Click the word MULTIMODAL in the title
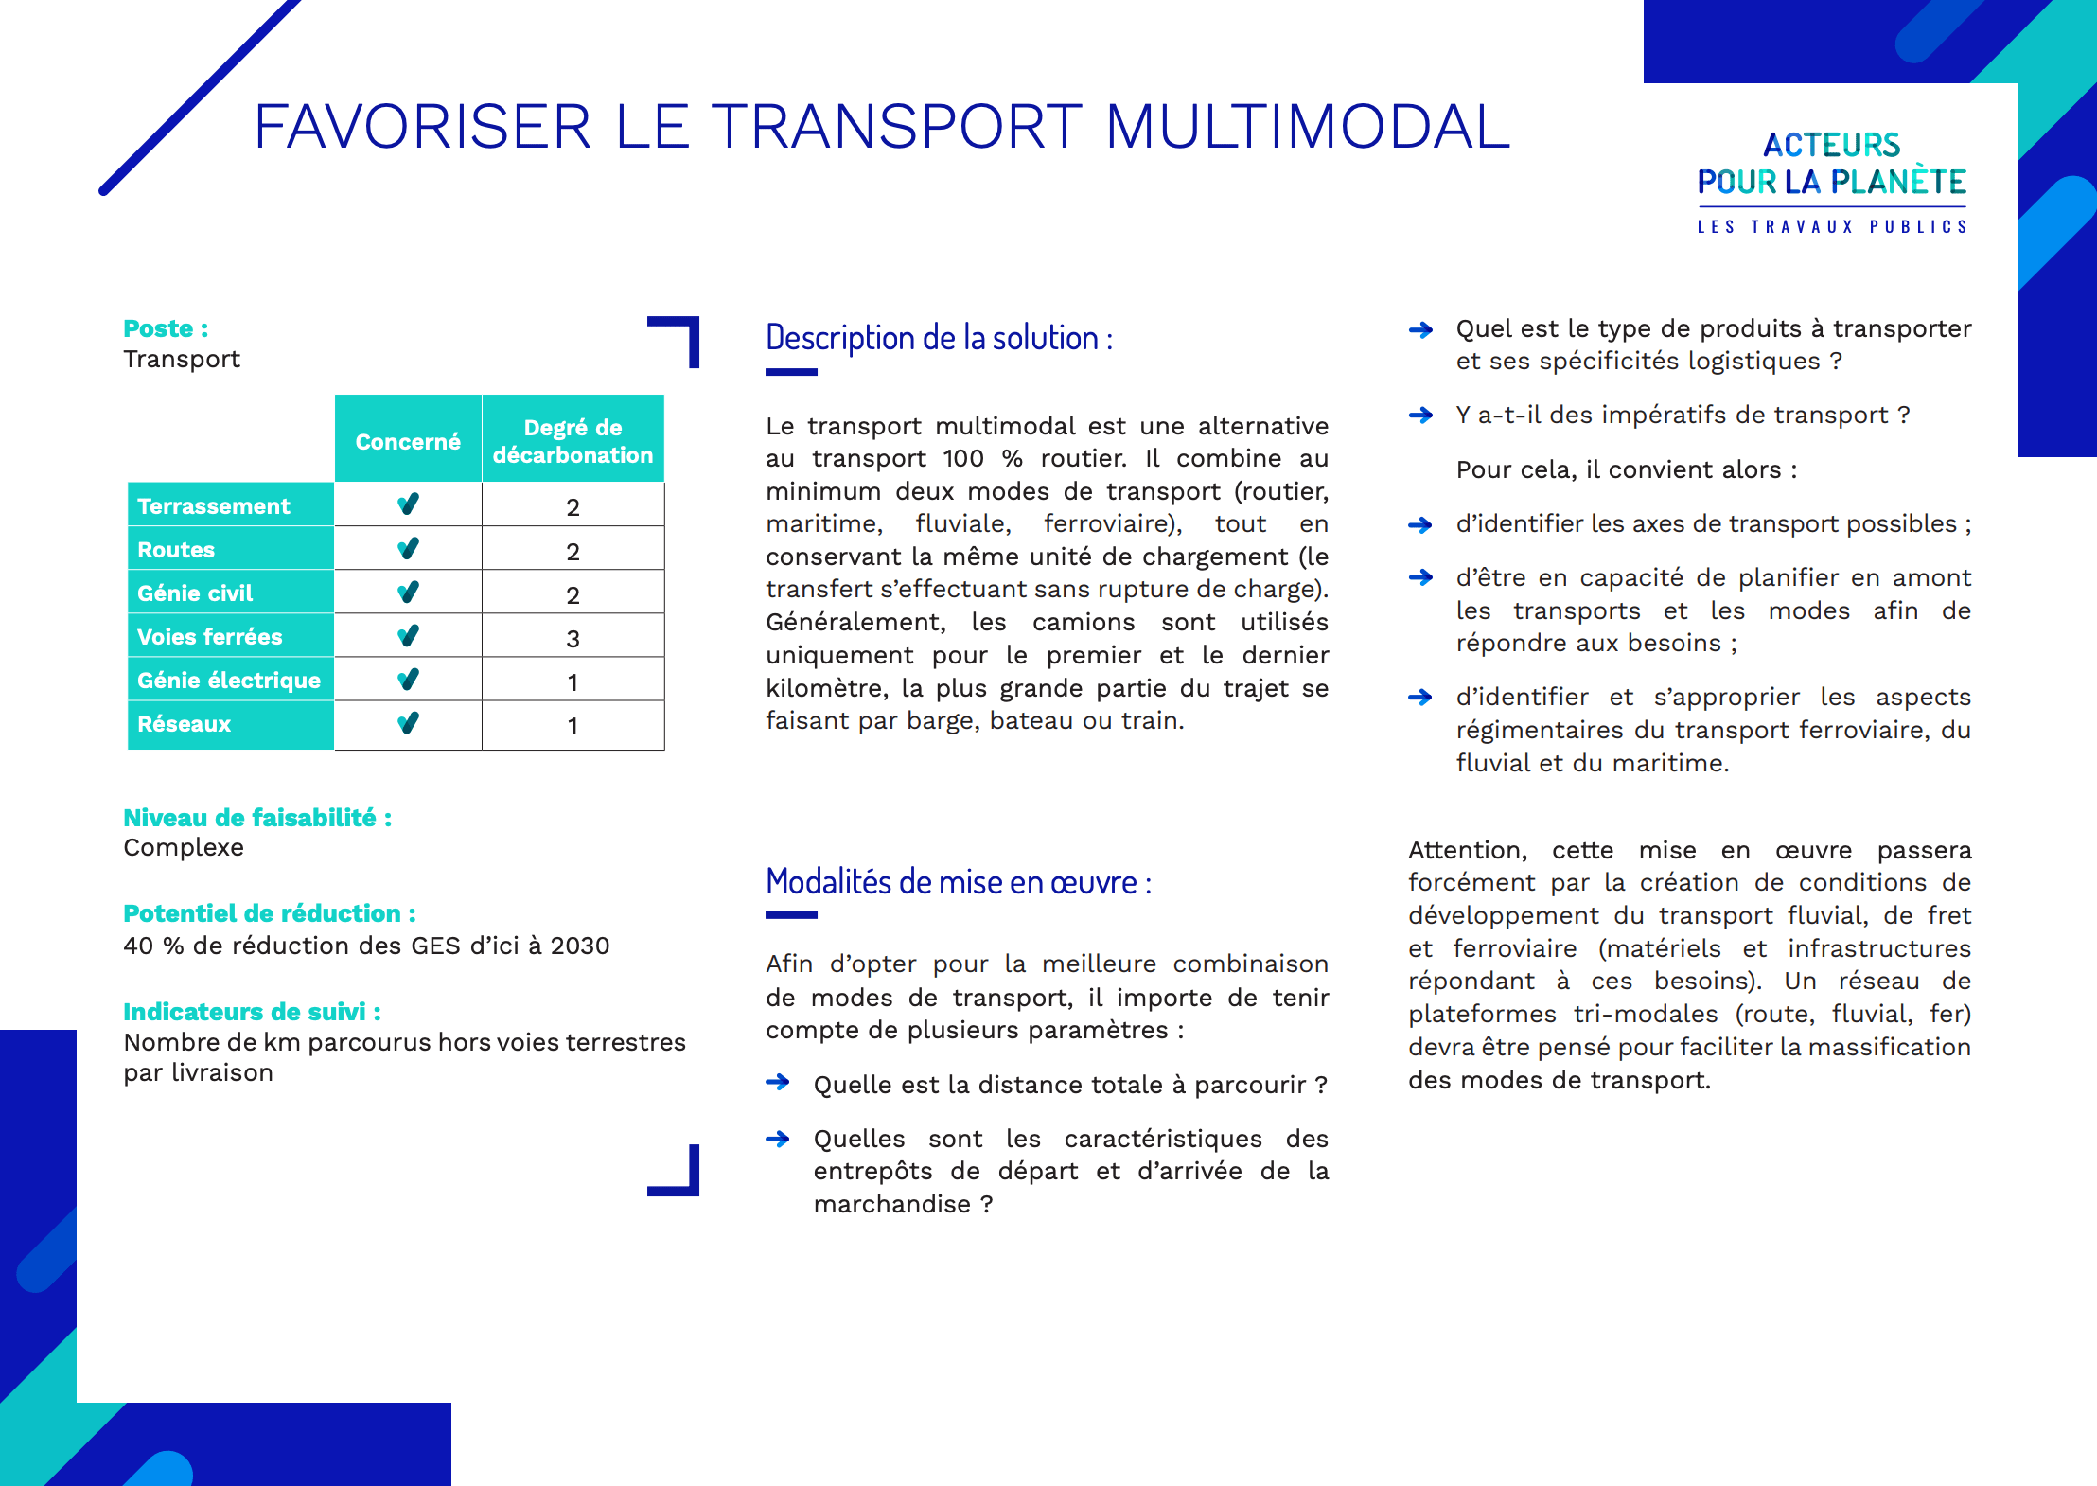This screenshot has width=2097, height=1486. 1307,127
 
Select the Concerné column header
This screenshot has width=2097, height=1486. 408,441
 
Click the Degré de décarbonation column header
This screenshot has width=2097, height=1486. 573,441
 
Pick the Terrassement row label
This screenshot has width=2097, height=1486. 214,506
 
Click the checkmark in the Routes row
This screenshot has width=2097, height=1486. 408,549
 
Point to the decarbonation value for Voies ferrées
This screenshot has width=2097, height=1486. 573,639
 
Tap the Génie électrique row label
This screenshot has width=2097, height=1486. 229,681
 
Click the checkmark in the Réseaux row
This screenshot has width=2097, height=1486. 408,724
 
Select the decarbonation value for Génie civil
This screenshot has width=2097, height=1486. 573,595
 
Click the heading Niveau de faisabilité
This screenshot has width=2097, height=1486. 256,818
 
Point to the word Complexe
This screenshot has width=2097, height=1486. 184,848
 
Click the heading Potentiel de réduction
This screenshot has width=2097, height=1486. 269,913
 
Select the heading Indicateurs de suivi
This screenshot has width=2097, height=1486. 252,1012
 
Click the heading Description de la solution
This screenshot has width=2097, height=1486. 939,338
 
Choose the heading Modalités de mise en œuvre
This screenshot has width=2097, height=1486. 958,882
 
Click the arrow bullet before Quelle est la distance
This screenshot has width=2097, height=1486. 778,1083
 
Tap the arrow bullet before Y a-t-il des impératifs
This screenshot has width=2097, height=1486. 1420,415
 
